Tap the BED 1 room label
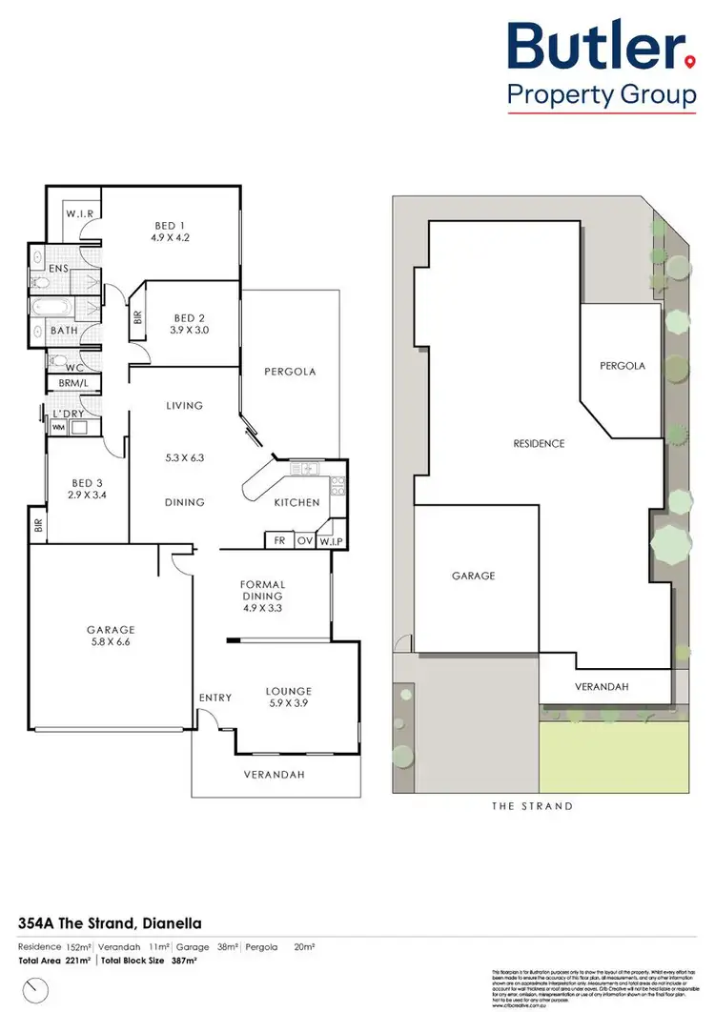170,226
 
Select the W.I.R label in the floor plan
79,214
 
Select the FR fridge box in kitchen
278,539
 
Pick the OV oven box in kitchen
305,539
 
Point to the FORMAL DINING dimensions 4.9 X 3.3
263,607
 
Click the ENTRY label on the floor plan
215,698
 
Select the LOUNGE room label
289,691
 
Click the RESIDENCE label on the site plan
539,443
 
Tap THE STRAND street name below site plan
532,806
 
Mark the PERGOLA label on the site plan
622,366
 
